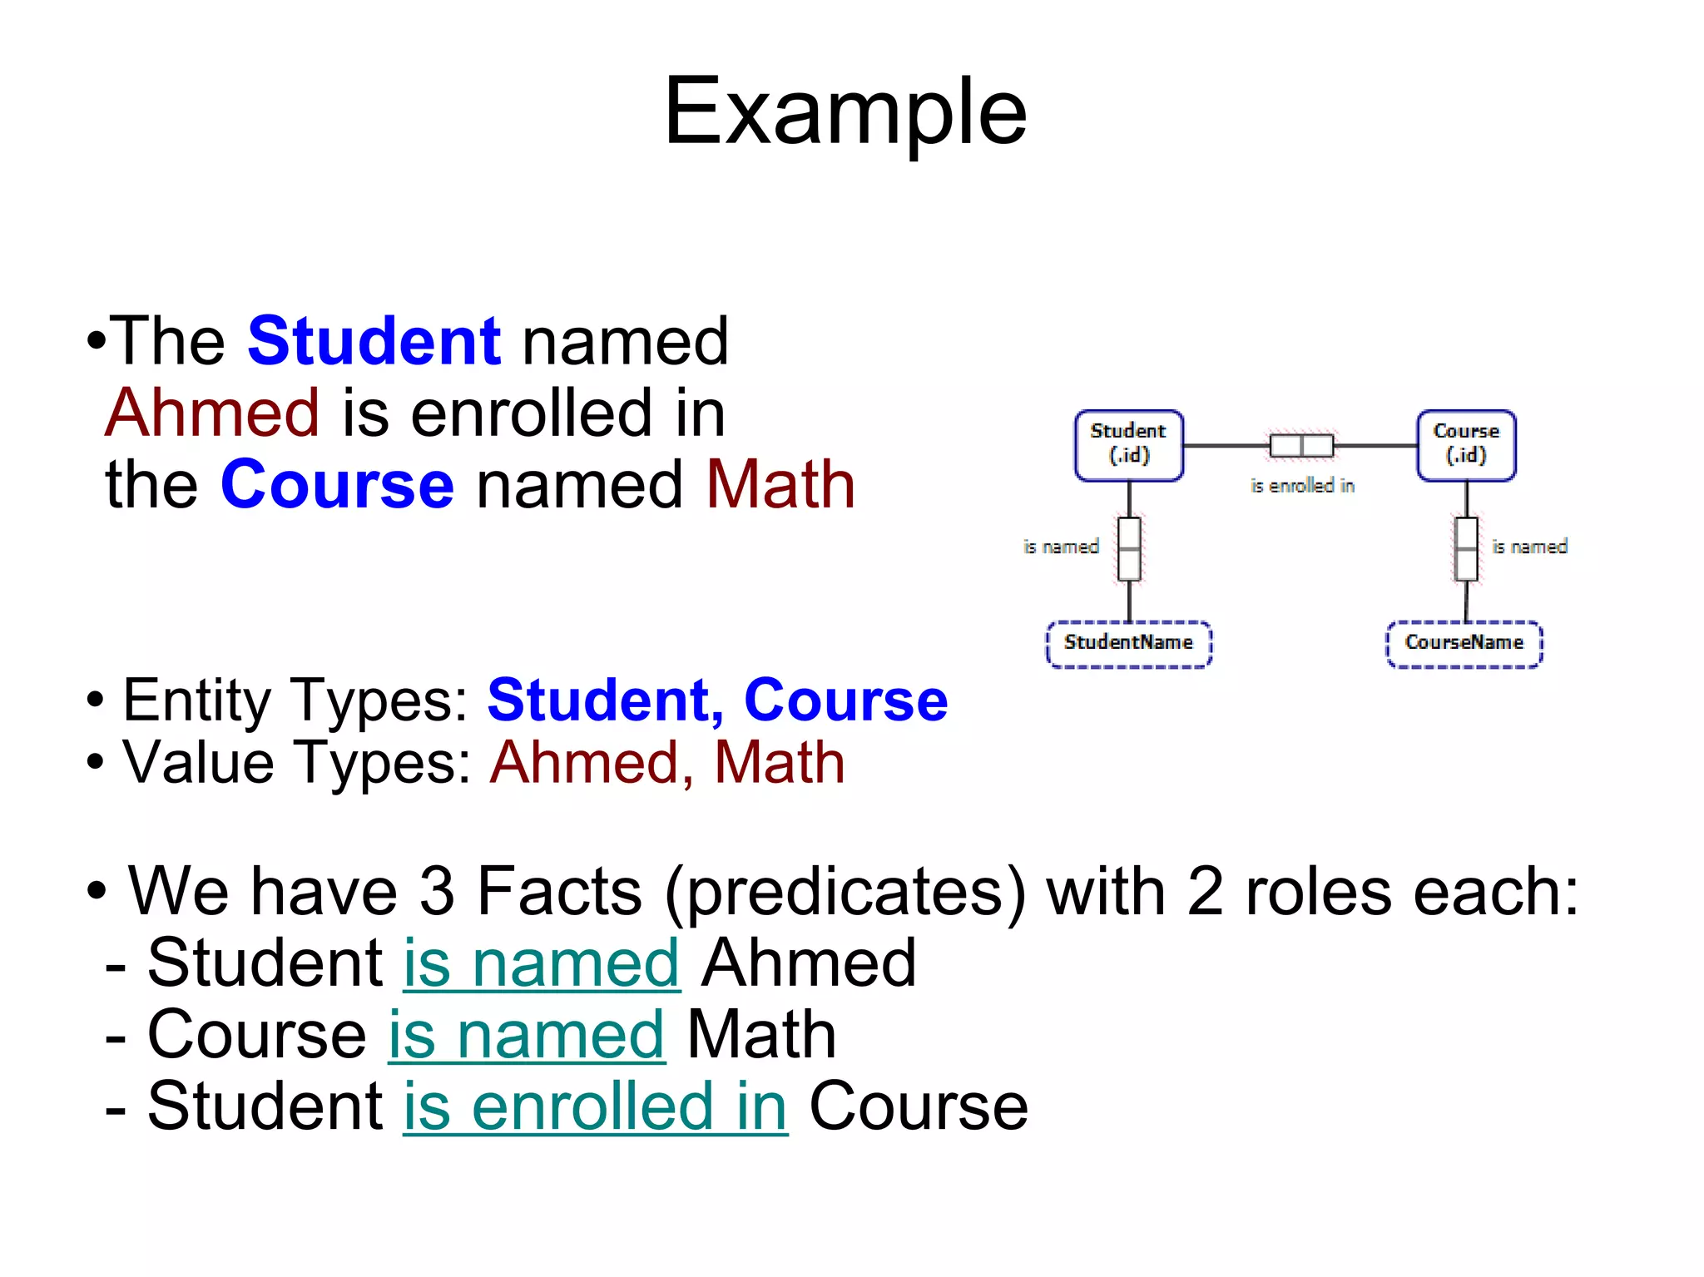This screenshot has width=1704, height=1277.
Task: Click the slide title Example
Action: tap(845, 111)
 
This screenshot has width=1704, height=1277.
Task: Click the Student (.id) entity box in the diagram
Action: tap(1128, 445)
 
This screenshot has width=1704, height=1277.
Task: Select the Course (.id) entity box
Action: tap(1466, 445)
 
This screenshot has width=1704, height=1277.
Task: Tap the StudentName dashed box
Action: tap(1128, 643)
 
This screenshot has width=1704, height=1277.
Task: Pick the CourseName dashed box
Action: tap(1464, 643)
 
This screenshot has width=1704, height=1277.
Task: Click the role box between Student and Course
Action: tap(1301, 446)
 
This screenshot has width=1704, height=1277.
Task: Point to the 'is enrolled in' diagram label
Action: tap(1302, 486)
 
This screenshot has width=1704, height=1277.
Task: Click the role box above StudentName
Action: tap(1129, 549)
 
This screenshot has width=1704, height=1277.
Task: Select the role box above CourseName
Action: tap(1466, 549)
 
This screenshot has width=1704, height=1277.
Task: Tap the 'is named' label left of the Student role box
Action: tap(1061, 547)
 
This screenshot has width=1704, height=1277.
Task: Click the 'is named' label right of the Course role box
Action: tap(1529, 547)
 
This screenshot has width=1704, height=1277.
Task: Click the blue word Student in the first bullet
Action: tap(374, 341)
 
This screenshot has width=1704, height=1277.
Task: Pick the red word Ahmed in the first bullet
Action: tap(212, 413)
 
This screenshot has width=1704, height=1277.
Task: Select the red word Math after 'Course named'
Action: tap(780, 484)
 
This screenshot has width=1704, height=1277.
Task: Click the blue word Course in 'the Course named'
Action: tap(337, 484)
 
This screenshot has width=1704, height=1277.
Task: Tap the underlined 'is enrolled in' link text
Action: tap(595, 1106)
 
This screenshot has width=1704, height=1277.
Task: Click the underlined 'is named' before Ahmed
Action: tap(542, 963)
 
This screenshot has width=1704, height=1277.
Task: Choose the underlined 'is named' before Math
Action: tap(527, 1035)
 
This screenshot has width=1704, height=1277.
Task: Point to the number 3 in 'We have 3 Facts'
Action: tap(437, 892)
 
